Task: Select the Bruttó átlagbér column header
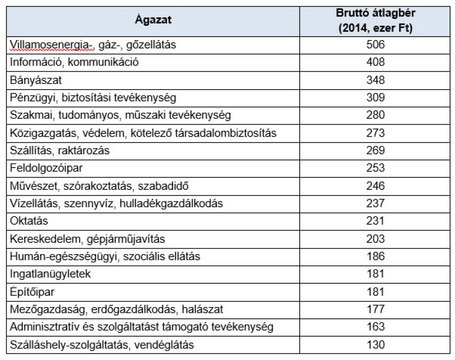376,20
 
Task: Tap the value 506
376,45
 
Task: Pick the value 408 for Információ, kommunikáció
376,62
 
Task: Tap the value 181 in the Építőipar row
376,292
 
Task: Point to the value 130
376,345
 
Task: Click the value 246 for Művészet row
376,186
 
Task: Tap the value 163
376,327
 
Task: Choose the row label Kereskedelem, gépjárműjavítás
87,239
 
